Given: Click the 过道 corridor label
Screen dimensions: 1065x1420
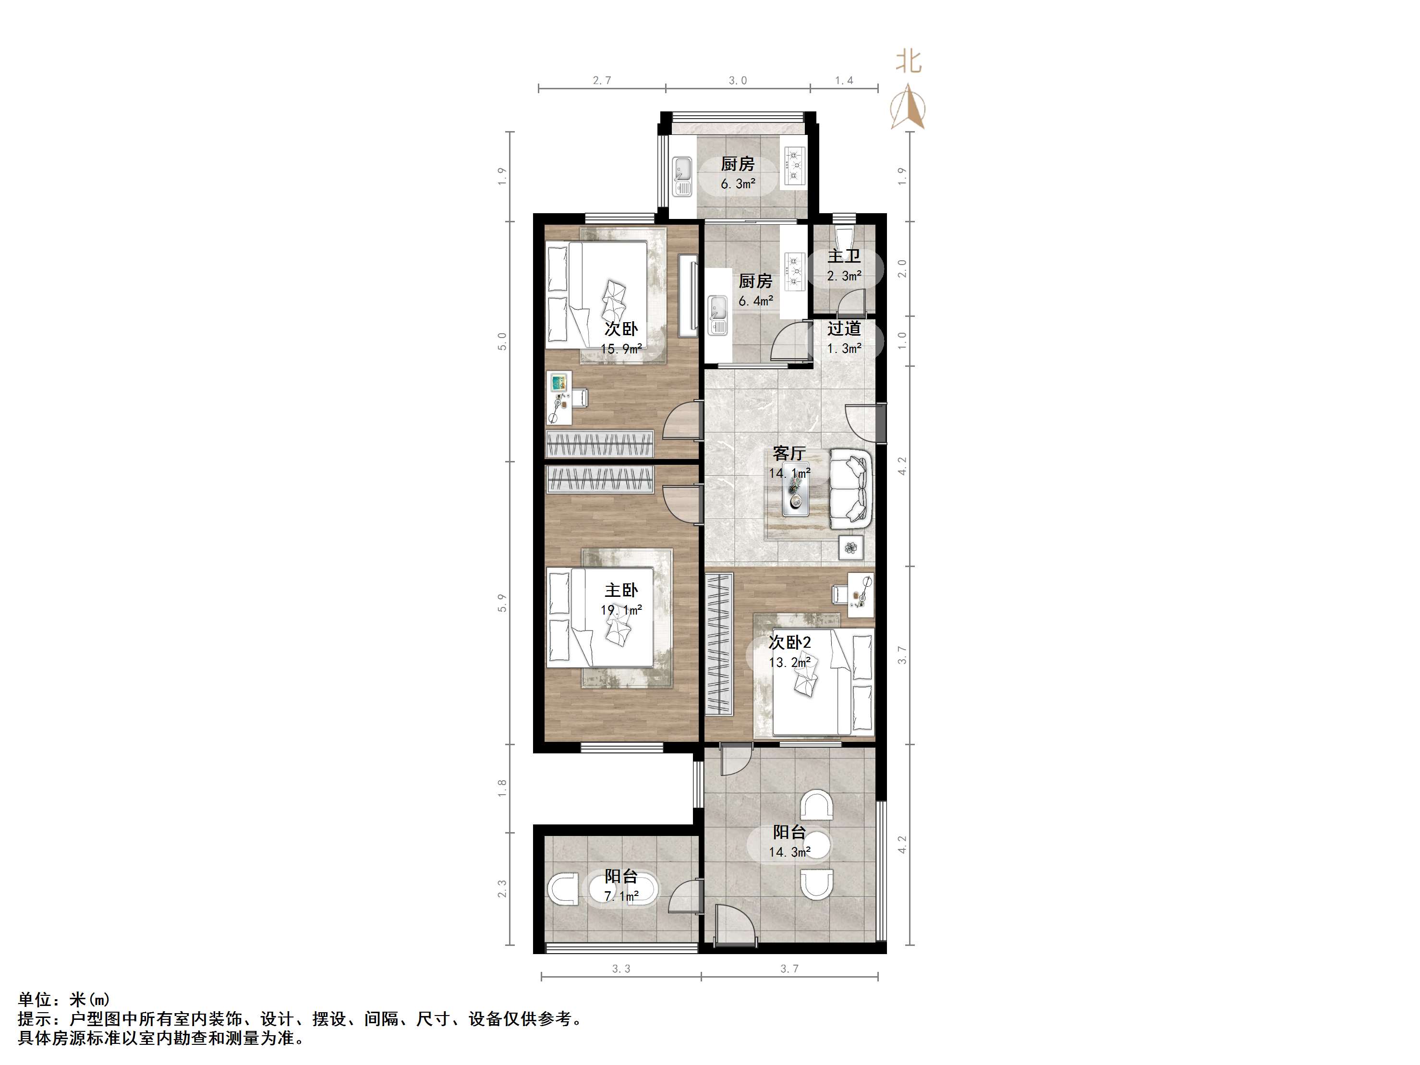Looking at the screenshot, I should [844, 329].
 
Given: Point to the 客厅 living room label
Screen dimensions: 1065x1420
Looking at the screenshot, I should [789, 454].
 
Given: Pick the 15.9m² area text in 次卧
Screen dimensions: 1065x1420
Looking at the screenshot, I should [621, 349].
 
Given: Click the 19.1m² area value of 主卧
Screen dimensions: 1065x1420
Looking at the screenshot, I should [621, 610].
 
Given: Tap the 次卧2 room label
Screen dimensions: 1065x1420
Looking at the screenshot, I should [789, 642].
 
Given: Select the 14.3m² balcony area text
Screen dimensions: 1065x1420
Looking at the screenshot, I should [789, 852].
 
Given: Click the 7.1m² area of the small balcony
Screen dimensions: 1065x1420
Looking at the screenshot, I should [621, 896].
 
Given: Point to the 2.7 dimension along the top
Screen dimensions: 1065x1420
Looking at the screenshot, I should [602, 81].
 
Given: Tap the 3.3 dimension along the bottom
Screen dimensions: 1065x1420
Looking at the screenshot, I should [621, 968].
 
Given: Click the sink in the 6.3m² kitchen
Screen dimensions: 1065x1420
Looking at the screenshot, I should [682, 177].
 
